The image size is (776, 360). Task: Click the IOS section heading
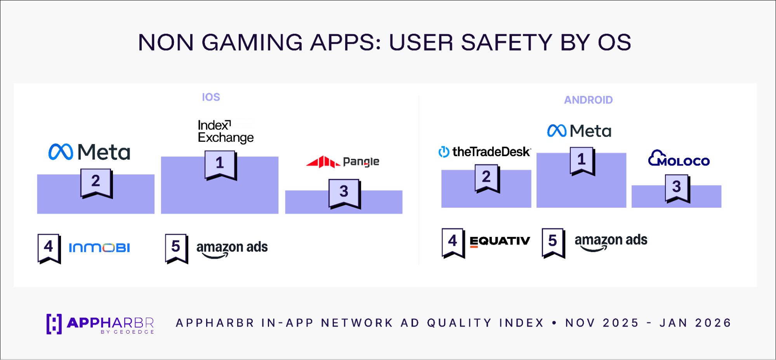click(x=211, y=97)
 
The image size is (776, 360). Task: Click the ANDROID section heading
click(x=588, y=100)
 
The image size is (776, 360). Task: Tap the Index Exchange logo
click(x=226, y=131)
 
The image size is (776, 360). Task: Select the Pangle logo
click(x=343, y=162)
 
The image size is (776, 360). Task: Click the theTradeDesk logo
click(x=484, y=152)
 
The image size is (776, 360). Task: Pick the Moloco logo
click(x=679, y=158)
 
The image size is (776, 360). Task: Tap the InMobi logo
click(x=99, y=247)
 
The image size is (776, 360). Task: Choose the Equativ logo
click(x=500, y=241)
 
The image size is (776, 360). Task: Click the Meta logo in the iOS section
click(x=89, y=152)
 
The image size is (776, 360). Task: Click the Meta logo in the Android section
click(x=579, y=131)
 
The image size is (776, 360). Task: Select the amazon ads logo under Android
click(x=611, y=242)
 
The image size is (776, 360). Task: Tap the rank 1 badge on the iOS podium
click(x=220, y=165)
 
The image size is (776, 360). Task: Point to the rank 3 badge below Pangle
click(x=344, y=194)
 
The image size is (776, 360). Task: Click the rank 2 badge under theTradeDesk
click(x=487, y=179)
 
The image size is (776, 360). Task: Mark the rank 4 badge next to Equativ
click(x=453, y=243)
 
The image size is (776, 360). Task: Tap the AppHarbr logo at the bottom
click(x=100, y=324)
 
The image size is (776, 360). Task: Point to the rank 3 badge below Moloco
click(x=677, y=189)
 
